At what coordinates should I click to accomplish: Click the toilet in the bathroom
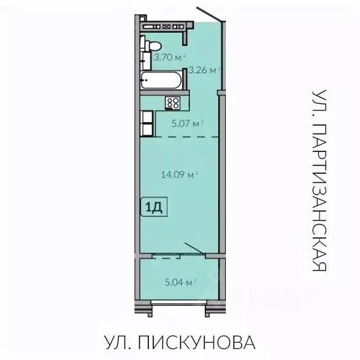(x=151, y=46)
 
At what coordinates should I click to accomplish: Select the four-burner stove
(x=173, y=103)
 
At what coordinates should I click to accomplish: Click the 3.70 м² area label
(x=169, y=57)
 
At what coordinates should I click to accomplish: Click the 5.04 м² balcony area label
(x=180, y=281)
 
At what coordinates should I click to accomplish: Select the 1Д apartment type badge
(x=155, y=207)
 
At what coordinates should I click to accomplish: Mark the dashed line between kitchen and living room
(x=186, y=137)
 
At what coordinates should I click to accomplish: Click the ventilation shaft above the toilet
(x=164, y=27)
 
